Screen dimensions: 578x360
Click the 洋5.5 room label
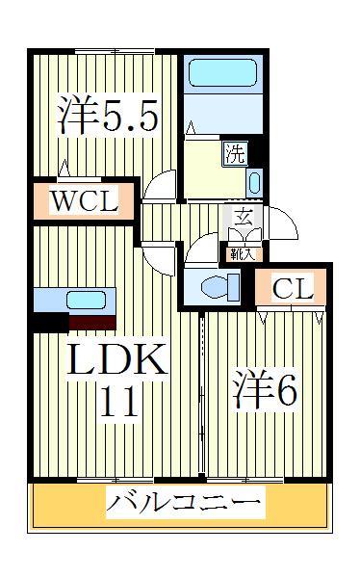pos(106,116)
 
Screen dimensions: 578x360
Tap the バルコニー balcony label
pos(183,502)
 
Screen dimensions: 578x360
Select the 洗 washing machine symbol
pos(235,152)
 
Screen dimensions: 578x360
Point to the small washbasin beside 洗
pos(254,181)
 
